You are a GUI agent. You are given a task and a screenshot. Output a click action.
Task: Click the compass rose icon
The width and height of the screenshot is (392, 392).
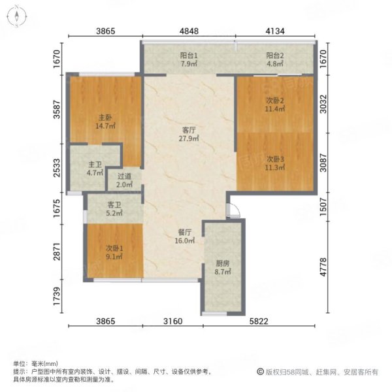pyautogui.click(x=17, y=17)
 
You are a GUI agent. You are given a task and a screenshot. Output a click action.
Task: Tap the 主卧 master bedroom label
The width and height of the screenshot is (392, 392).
pyautogui.click(x=105, y=117)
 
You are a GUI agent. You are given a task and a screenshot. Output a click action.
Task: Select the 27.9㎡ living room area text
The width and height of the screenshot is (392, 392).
pyautogui.click(x=189, y=139)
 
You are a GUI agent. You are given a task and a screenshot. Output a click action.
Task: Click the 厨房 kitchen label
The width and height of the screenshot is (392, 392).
pyautogui.click(x=223, y=263)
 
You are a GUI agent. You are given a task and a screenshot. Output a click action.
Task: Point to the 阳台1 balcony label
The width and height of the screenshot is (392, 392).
pyautogui.click(x=189, y=56)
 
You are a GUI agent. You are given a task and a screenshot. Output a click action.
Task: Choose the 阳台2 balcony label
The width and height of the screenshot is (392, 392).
pyautogui.click(x=275, y=56)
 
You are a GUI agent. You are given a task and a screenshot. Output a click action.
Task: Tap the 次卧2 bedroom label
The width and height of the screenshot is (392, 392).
pyautogui.click(x=275, y=101)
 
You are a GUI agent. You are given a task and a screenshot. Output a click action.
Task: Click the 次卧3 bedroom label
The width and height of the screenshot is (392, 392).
pyautogui.click(x=275, y=159)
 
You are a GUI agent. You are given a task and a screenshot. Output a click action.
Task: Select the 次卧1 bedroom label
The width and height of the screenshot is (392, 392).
pyautogui.click(x=114, y=248)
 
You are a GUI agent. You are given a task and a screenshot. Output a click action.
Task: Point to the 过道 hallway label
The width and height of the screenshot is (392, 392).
pyautogui.click(x=124, y=176)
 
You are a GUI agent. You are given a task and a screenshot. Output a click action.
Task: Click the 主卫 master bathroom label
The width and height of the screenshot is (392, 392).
pyautogui.click(x=95, y=165)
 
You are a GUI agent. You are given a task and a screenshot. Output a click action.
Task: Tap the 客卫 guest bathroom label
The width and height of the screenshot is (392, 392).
pyautogui.click(x=114, y=205)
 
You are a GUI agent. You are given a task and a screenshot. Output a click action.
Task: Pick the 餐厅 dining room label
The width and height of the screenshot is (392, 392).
pyautogui.click(x=185, y=232)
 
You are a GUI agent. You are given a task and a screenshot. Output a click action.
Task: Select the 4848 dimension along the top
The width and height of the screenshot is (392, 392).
pyautogui.click(x=189, y=31)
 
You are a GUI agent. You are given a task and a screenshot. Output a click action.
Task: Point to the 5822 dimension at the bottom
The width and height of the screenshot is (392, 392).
pyautogui.click(x=259, y=321)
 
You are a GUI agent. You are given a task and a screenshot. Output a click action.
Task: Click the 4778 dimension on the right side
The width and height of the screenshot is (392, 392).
pyautogui.click(x=323, y=267)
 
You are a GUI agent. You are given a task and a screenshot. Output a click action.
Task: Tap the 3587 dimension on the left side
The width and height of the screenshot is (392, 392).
pyautogui.click(x=57, y=109)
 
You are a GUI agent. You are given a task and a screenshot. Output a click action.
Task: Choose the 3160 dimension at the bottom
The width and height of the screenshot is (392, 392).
pyautogui.click(x=172, y=321)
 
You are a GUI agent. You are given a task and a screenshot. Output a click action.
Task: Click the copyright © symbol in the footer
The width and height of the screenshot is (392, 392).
pyautogui.click(x=260, y=372)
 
